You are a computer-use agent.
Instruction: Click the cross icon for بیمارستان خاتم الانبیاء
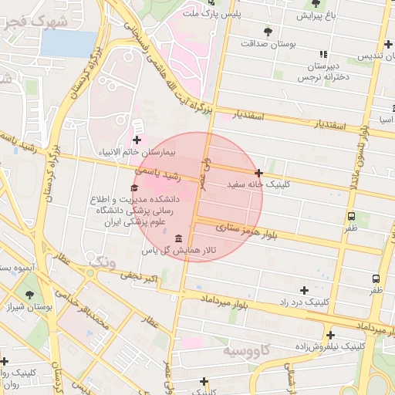click(137, 140)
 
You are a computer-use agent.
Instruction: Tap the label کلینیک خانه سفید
click(258, 185)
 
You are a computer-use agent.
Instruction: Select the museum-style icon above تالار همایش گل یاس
click(179, 238)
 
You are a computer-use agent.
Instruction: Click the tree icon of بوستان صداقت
click(268, 32)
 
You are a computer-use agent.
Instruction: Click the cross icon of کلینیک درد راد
click(304, 291)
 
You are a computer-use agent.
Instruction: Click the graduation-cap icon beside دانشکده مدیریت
click(134, 188)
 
